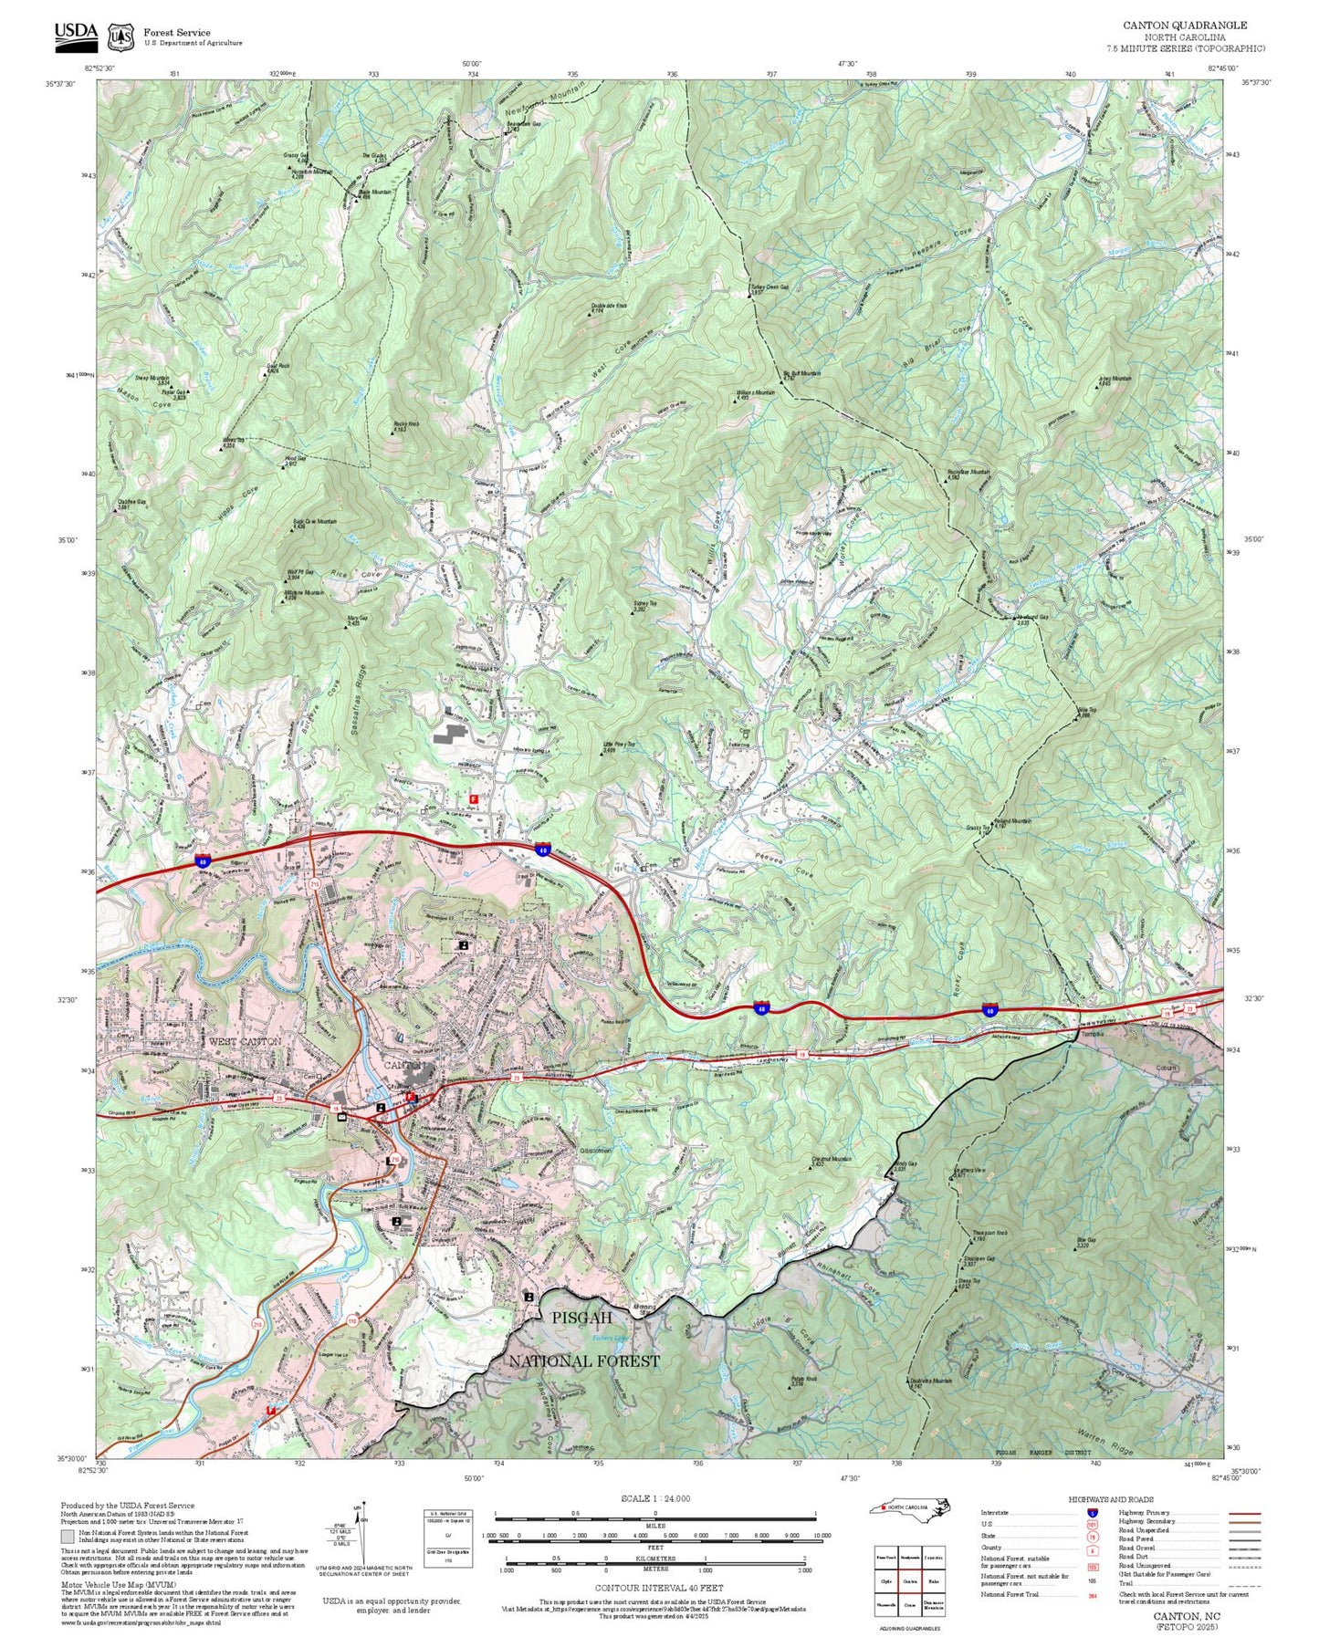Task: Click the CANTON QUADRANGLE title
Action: [1185, 26]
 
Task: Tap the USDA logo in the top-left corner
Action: [76, 35]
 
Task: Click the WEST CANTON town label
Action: [246, 1041]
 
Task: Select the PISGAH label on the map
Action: [581, 1318]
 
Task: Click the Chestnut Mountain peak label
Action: [831, 1161]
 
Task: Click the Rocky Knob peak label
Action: [406, 426]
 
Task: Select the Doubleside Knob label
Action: [609, 308]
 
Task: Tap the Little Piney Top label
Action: [618, 746]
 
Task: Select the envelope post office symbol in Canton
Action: [341, 1117]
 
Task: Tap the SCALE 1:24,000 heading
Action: [655, 1499]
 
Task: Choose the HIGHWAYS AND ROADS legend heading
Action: [1111, 1499]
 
